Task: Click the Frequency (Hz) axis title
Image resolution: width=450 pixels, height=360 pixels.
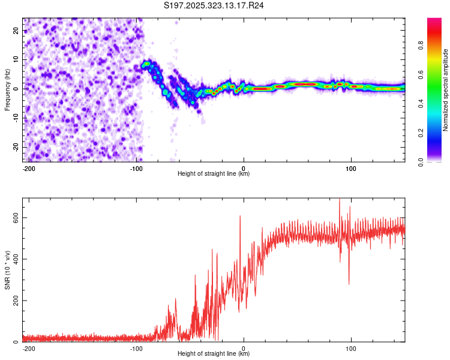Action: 8,90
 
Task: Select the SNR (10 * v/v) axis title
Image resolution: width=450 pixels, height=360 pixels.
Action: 8,270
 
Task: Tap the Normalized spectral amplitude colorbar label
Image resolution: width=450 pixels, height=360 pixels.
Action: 445,90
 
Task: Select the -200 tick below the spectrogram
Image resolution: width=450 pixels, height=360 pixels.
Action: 29,169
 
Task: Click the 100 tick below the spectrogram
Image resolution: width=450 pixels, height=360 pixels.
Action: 351,169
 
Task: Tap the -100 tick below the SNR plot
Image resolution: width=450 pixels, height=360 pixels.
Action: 136,348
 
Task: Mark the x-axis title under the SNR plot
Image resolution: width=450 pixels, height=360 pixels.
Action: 214,354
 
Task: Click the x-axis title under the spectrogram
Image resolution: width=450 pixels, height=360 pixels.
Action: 214,174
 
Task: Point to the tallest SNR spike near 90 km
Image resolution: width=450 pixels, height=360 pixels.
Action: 340,200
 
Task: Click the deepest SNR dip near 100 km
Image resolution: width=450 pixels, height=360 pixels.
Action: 349,283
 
